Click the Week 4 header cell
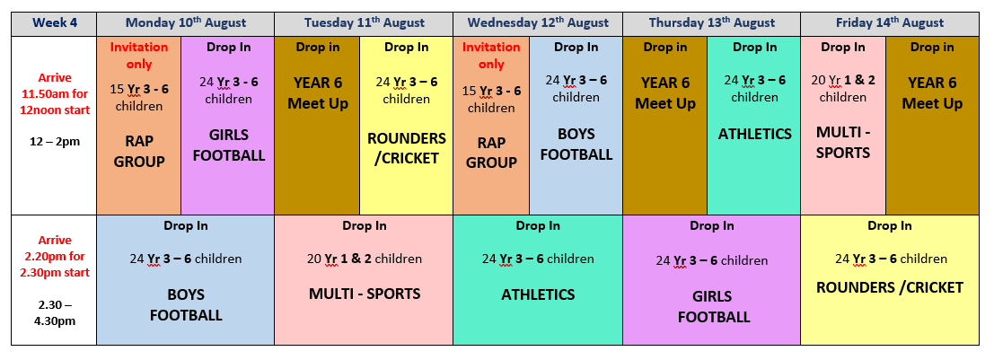[54, 23]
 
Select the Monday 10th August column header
[186, 23]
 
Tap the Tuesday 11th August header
[364, 23]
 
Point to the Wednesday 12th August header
[538, 23]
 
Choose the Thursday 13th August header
[712, 23]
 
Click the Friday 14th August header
[890, 23]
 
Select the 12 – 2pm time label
[55, 141]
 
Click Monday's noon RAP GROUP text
[139, 151]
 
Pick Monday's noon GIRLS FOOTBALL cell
[228, 126]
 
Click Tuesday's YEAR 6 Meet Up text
[318, 92]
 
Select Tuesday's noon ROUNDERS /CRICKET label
[407, 147]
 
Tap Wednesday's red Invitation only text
[491, 55]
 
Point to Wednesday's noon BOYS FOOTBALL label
[576, 145]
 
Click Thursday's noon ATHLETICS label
[754, 134]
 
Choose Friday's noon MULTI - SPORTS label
[843, 143]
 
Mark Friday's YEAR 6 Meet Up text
[932, 92]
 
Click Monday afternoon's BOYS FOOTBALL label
[186, 305]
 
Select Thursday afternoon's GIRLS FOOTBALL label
[713, 307]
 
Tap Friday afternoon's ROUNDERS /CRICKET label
[890, 287]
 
